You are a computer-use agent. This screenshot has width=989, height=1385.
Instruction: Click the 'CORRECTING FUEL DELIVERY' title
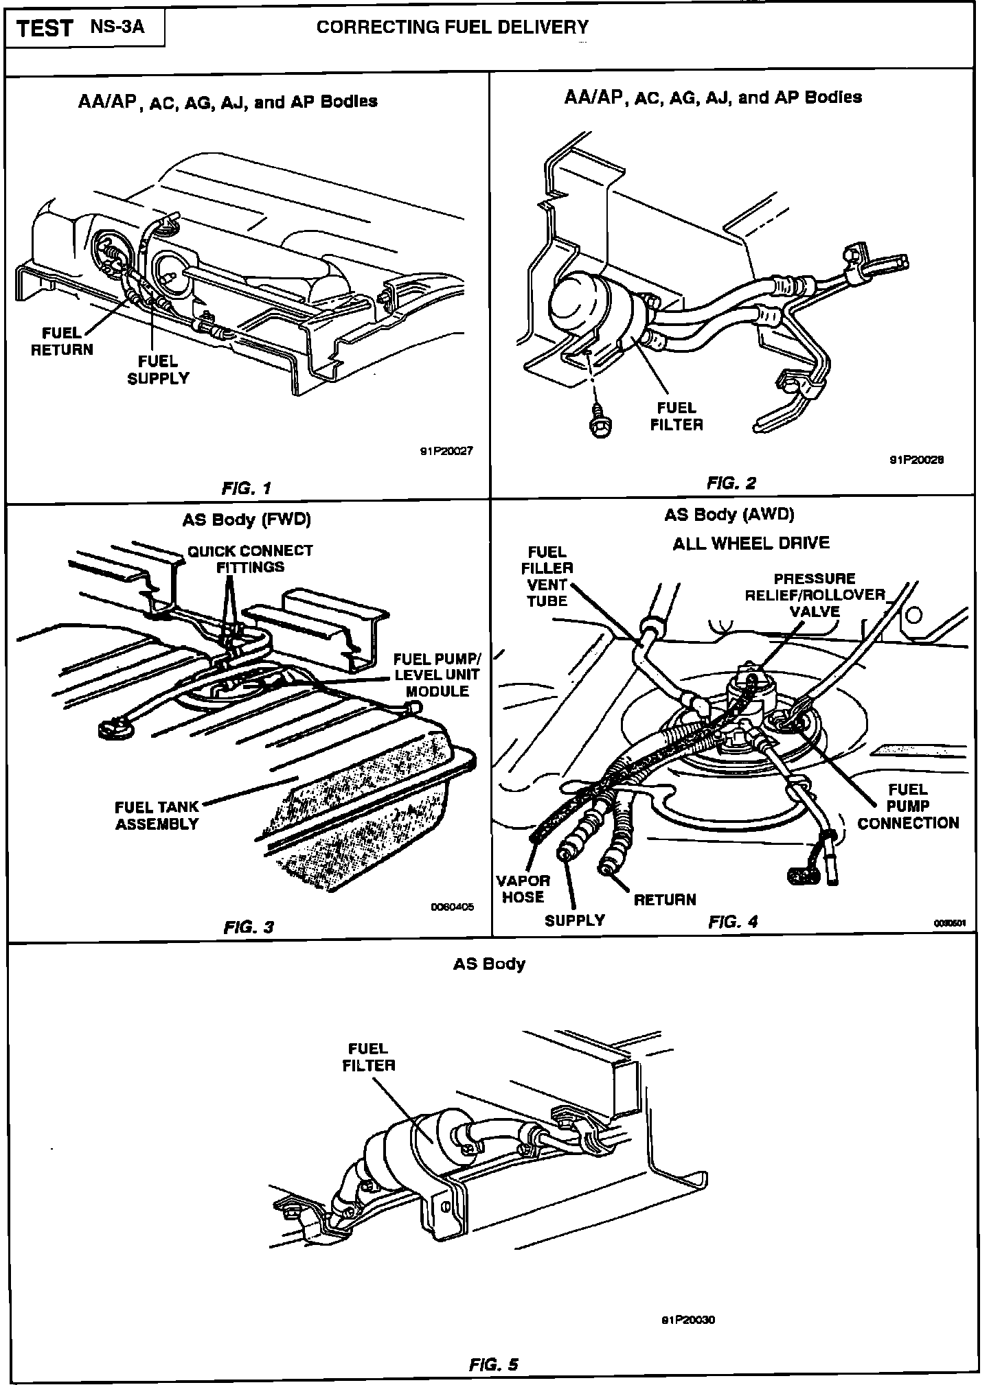click(452, 27)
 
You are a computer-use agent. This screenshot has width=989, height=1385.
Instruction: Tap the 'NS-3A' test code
click(117, 27)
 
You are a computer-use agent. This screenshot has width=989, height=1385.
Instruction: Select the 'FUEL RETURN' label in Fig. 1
click(62, 341)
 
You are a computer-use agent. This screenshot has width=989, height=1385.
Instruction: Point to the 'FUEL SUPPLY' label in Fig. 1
click(158, 369)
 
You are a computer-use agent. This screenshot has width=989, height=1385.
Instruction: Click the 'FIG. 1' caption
click(247, 488)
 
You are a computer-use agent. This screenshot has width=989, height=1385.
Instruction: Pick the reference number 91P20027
click(446, 451)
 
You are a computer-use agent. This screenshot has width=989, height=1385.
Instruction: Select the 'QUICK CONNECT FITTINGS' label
click(250, 559)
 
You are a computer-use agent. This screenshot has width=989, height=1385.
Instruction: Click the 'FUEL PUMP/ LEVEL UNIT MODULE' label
click(437, 675)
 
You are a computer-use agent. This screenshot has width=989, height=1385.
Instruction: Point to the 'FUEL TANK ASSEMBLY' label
click(157, 815)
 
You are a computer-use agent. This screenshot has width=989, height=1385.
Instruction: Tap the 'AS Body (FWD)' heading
click(247, 520)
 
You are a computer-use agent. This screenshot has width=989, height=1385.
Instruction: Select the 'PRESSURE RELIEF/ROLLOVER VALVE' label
click(815, 594)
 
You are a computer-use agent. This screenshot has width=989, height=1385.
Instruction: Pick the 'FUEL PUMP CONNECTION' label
click(908, 806)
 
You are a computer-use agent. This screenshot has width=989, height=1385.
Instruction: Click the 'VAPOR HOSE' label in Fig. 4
click(523, 888)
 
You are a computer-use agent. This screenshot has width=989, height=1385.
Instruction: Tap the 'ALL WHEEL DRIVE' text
click(751, 543)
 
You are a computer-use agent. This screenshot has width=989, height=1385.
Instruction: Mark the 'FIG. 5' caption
click(493, 1364)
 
